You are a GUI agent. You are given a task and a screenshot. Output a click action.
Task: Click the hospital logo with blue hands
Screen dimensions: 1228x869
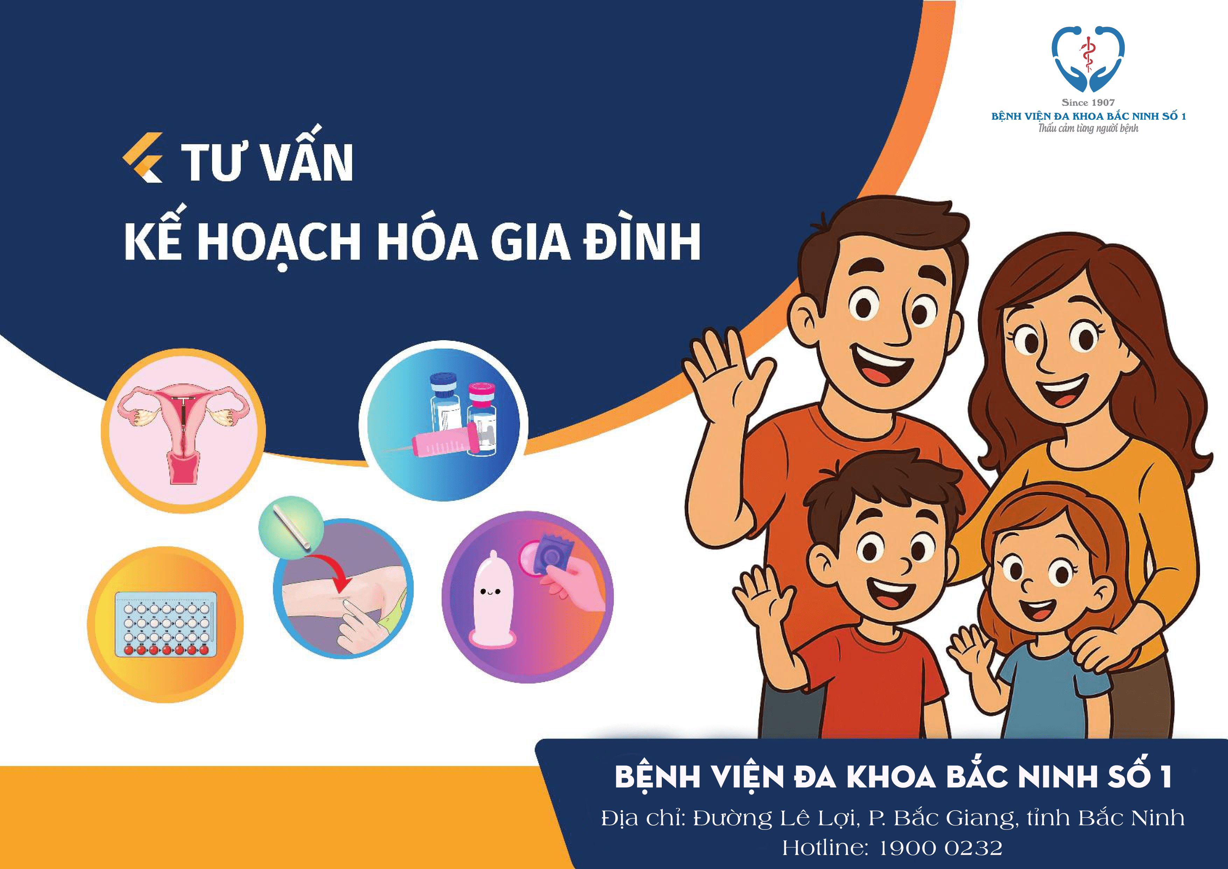[1088, 59]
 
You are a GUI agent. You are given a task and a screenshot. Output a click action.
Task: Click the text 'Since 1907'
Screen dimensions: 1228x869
[1088, 102]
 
